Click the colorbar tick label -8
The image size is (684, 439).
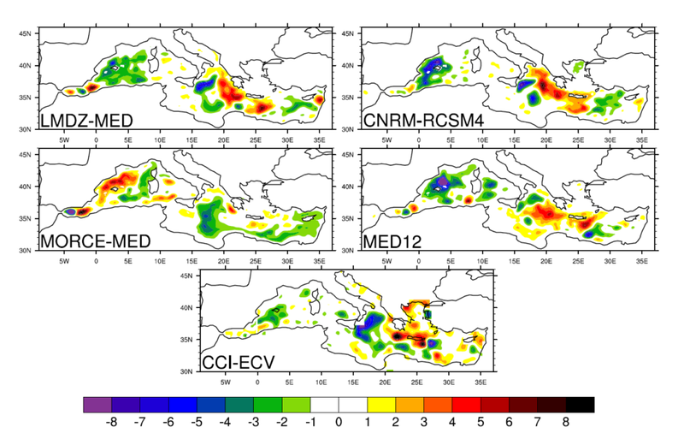click(x=110, y=422)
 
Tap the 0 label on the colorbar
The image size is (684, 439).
click(x=339, y=422)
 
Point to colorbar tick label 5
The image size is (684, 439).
click(x=481, y=422)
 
